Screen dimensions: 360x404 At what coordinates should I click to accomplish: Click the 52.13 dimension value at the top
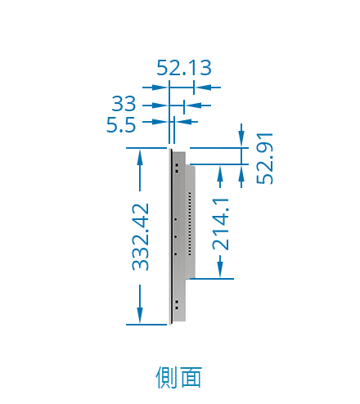point(184,68)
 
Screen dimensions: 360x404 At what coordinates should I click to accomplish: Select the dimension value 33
point(124,104)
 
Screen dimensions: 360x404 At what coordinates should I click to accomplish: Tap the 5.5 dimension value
point(121,125)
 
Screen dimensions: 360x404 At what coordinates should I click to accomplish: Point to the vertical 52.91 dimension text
point(264,159)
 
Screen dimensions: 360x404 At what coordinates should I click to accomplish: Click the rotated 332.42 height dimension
point(141,237)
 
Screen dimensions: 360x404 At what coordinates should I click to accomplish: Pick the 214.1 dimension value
point(221,224)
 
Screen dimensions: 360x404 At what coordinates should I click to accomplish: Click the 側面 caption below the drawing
point(179,377)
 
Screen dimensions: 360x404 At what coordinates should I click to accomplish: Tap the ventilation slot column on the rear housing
point(190,223)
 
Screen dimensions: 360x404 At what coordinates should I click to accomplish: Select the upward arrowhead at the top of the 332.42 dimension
point(140,158)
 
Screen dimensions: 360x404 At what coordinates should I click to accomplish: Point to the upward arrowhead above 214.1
point(220,173)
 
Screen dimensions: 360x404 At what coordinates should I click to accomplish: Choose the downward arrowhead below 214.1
point(220,270)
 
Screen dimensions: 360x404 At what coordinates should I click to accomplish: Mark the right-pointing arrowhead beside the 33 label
point(160,105)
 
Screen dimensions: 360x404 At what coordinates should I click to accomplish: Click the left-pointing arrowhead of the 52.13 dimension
point(204,88)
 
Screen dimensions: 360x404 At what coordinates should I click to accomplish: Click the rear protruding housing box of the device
point(191,222)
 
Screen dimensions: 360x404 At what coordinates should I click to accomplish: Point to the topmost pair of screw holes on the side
point(177,168)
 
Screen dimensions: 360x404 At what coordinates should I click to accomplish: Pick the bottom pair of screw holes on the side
point(177,305)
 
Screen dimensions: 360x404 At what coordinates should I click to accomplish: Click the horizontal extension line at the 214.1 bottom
point(212,279)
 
